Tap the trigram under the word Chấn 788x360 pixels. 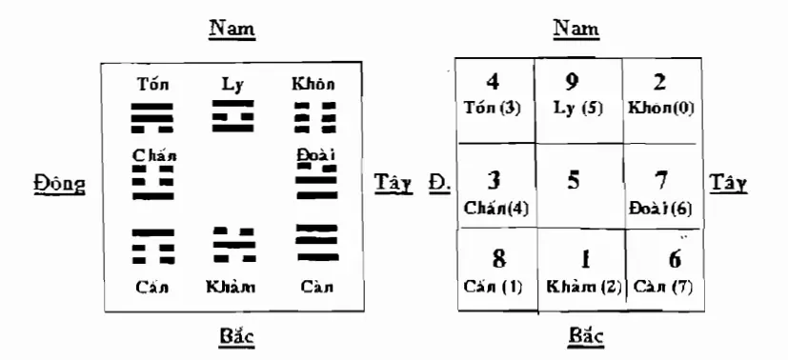(152, 180)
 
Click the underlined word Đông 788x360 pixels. (55, 182)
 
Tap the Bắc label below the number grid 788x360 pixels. (577, 336)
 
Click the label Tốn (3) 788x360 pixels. (493, 109)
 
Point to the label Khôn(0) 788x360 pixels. (660, 109)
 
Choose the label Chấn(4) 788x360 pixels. (496, 207)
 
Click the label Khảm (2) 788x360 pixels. (583, 287)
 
